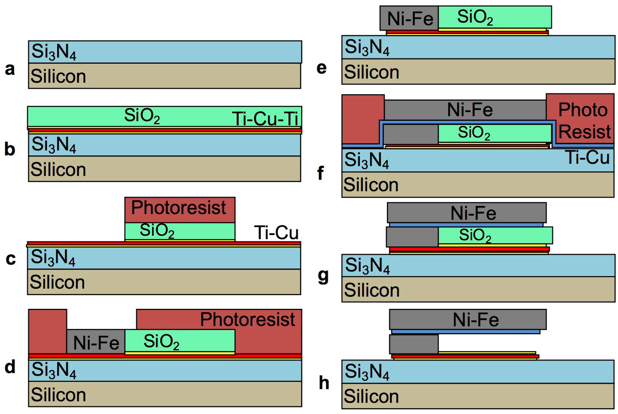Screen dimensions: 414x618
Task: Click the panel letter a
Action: (x=10, y=69)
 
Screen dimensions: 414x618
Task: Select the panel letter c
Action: (x=11, y=259)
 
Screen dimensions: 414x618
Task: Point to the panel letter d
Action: (x=10, y=367)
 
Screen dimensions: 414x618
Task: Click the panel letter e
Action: (x=322, y=68)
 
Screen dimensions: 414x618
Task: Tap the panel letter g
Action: (x=323, y=276)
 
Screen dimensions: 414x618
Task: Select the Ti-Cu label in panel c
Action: (x=276, y=233)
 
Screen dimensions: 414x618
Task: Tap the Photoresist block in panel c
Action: (x=180, y=209)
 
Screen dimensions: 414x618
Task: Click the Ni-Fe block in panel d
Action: (x=96, y=342)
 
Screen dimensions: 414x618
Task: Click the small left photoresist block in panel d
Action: (x=47, y=331)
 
